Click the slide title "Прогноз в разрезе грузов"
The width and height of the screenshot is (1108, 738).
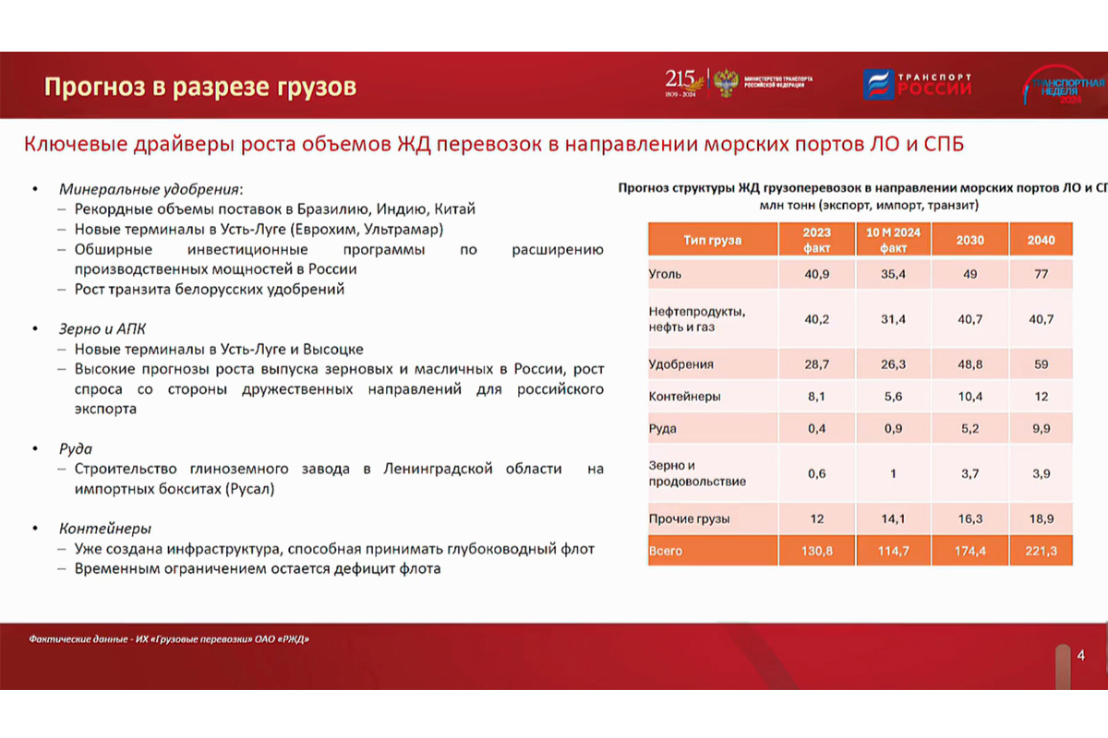[x=200, y=87]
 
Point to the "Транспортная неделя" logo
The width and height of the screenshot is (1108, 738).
[x=1062, y=86]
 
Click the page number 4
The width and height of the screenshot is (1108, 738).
[x=1080, y=655]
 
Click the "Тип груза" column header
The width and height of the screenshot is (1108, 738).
[x=712, y=240]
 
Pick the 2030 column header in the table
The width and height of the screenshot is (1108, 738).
[x=969, y=240]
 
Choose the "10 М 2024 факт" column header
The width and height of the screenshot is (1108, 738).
[x=893, y=240]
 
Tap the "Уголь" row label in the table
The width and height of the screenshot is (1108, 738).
[x=666, y=274]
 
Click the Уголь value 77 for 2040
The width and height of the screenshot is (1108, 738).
[x=1042, y=274]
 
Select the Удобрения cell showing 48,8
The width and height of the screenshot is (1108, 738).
[x=969, y=363]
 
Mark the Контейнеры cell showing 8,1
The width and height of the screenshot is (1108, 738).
[x=816, y=397]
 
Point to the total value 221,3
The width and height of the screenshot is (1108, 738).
[x=1042, y=551]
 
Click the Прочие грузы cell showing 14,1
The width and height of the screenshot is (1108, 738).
[x=893, y=518]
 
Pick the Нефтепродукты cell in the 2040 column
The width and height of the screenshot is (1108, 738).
[x=1042, y=319]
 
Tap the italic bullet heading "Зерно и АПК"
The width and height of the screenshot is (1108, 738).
[x=102, y=328]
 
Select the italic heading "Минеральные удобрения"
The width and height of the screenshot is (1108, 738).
[x=148, y=189]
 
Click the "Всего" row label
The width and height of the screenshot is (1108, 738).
[x=666, y=551]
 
